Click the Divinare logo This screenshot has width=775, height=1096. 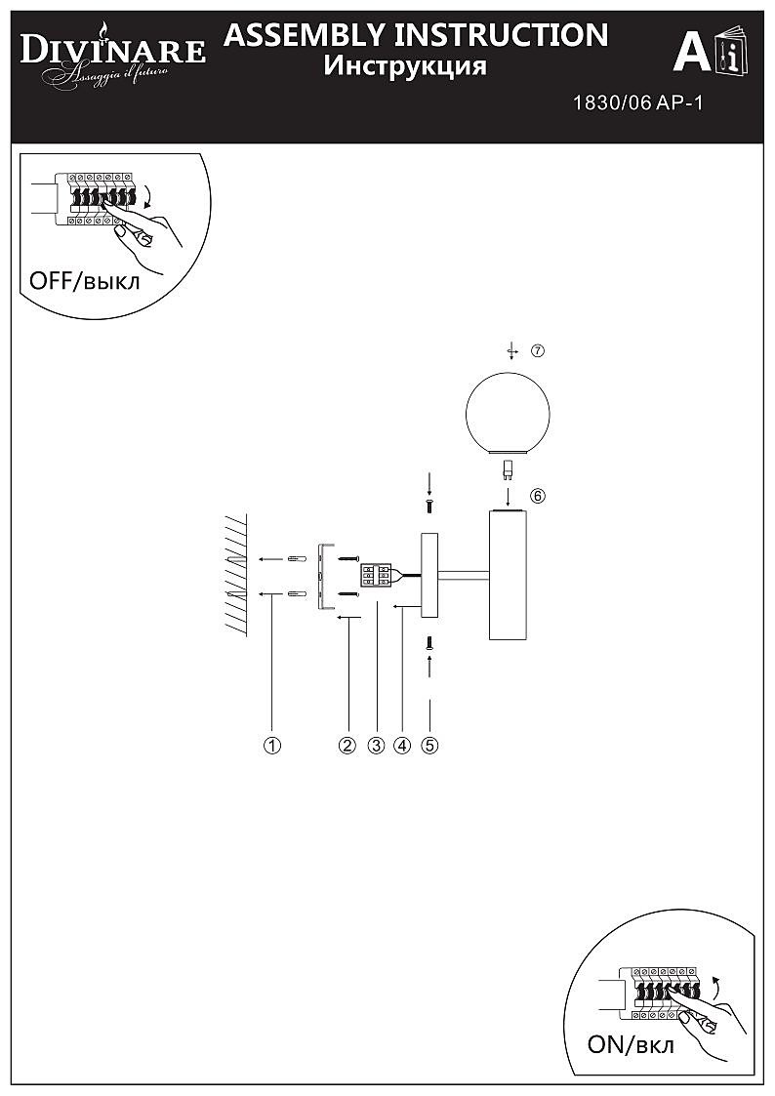113,56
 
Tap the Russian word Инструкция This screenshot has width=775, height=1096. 405,66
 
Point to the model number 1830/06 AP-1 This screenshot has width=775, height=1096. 637,103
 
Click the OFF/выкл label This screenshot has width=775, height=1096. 85,281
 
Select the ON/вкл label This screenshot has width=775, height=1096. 632,1044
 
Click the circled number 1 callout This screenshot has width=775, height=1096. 272,746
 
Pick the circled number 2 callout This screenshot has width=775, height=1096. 347,746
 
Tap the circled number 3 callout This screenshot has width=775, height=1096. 376,746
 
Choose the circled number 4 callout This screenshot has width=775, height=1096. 402,746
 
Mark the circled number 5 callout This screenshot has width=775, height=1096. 429,746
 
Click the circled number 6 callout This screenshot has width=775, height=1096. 537,496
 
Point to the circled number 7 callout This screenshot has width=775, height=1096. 537,351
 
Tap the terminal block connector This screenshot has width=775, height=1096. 376,576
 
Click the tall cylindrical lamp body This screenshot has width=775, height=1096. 509,575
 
